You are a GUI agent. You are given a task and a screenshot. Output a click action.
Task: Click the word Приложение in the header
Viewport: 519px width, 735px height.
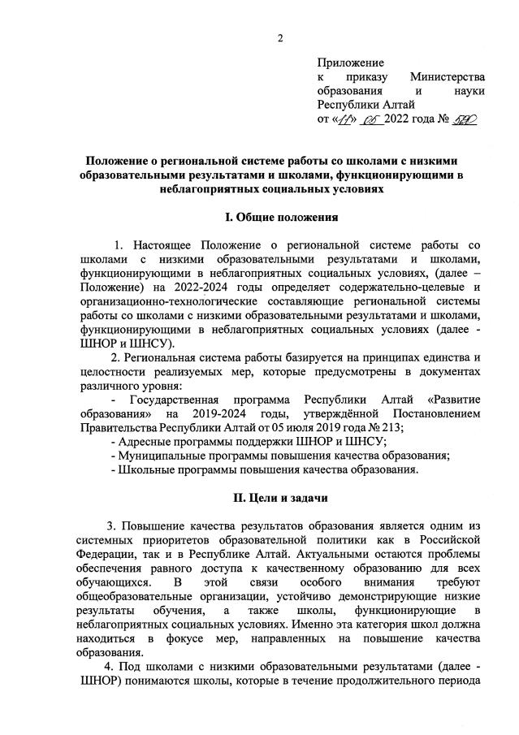tap(351, 61)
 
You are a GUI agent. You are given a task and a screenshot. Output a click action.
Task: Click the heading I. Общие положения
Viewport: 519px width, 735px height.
tap(280, 217)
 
